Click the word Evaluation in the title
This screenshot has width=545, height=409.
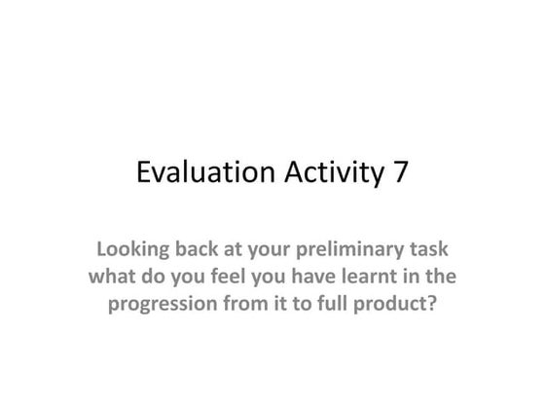coord(199,173)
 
